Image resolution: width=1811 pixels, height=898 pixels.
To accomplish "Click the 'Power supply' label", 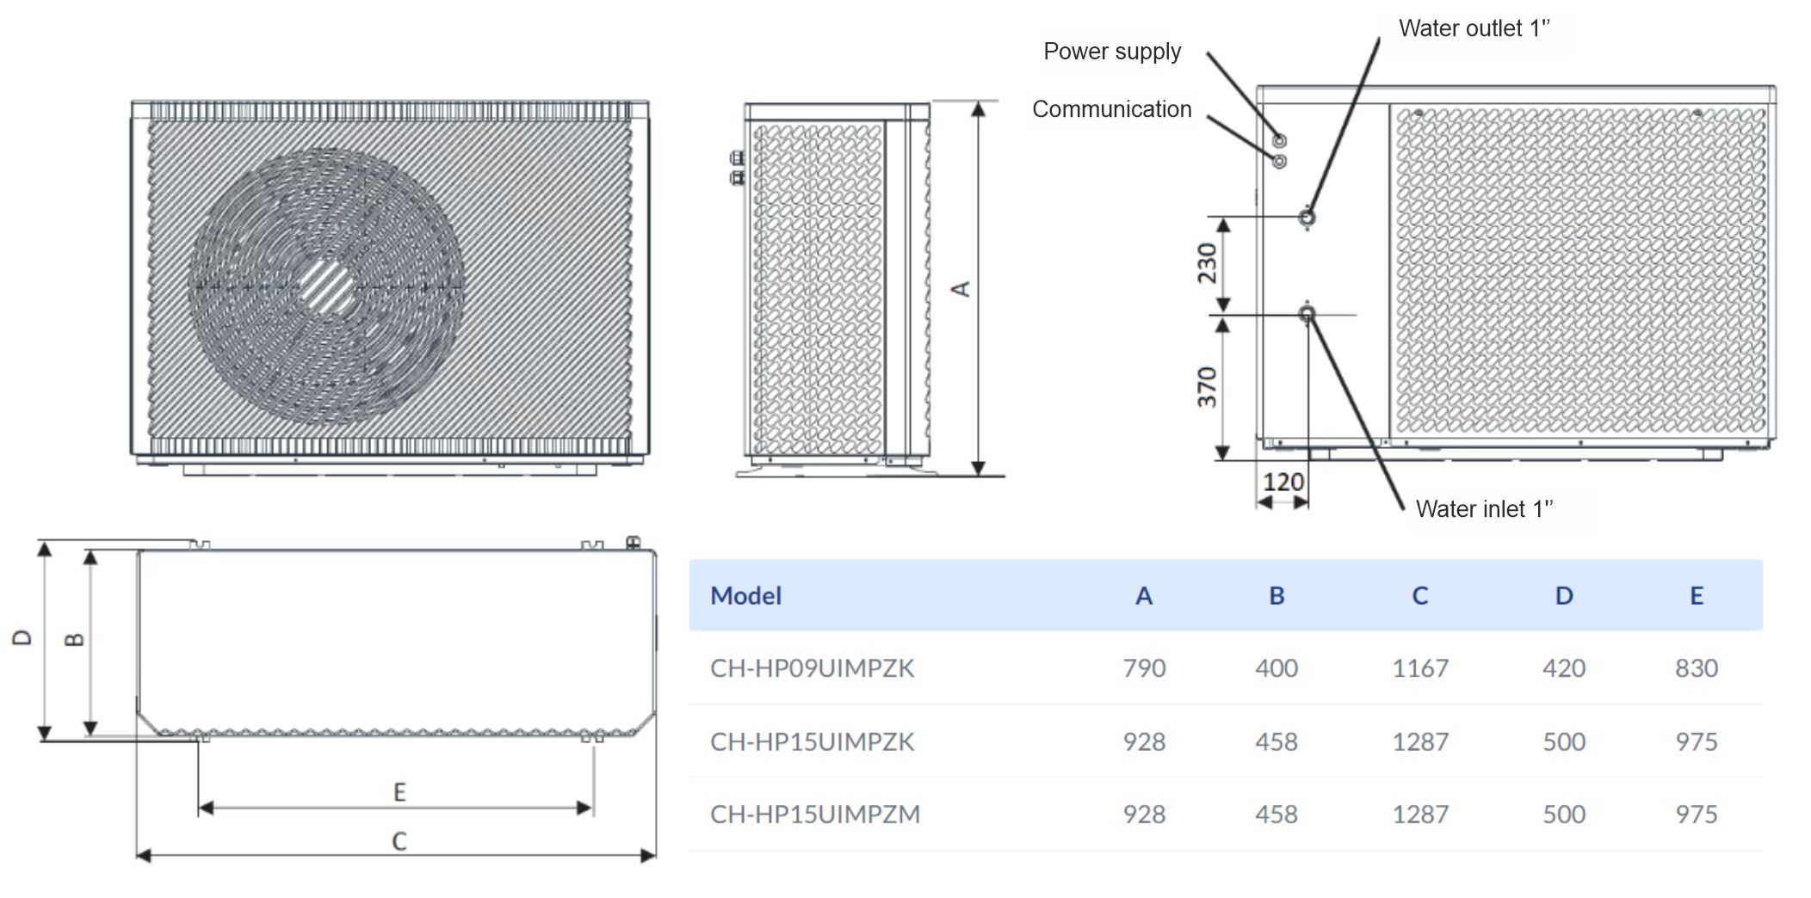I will pyautogui.click(x=1111, y=52).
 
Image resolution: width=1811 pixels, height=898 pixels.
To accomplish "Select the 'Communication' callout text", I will pyautogui.click(x=1111, y=109).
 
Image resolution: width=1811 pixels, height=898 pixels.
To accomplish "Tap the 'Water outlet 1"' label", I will pyautogui.click(x=1474, y=28).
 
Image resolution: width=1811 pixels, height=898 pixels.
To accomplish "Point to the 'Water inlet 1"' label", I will pyautogui.click(x=1484, y=509).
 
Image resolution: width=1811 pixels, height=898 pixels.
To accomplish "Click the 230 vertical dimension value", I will pyautogui.click(x=1207, y=263).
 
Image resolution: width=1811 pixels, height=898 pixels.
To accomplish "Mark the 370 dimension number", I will pyautogui.click(x=1207, y=387).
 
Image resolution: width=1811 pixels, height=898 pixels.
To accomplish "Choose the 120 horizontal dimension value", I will pyautogui.click(x=1283, y=483).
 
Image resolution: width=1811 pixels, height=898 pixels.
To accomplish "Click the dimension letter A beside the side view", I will pyautogui.click(x=961, y=289).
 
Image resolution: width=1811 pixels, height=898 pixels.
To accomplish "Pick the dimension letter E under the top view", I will pyautogui.click(x=399, y=792).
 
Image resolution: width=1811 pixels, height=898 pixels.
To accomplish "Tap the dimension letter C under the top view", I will pyautogui.click(x=399, y=841).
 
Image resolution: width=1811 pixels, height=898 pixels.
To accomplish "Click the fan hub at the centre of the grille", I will pyautogui.click(x=326, y=286).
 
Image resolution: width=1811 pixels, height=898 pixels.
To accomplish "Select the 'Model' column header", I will pyautogui.click(x=745, y=596).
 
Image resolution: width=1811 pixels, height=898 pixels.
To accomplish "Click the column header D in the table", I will pyautogui.click(x=1564, y=596).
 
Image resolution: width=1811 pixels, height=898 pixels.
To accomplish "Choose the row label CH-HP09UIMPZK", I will pyautogui.click(x=812, y=668).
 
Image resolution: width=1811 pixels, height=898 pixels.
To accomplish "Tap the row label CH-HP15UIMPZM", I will pyautogui.click(x=814, y=814).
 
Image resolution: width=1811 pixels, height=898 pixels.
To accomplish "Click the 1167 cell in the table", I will pyautogui.click(x=1420, y=668).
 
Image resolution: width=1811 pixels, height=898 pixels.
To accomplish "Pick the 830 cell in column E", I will pyautogui.click(x=1696, y=668).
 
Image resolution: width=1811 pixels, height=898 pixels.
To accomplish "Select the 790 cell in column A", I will pyautogui.click(x=1144, y=668).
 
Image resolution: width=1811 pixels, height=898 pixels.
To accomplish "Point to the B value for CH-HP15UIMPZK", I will pyautogui.click(x=1276, y=741).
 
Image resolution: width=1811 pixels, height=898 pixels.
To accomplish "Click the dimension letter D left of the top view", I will pyautogui.click(x=22, y=637).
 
